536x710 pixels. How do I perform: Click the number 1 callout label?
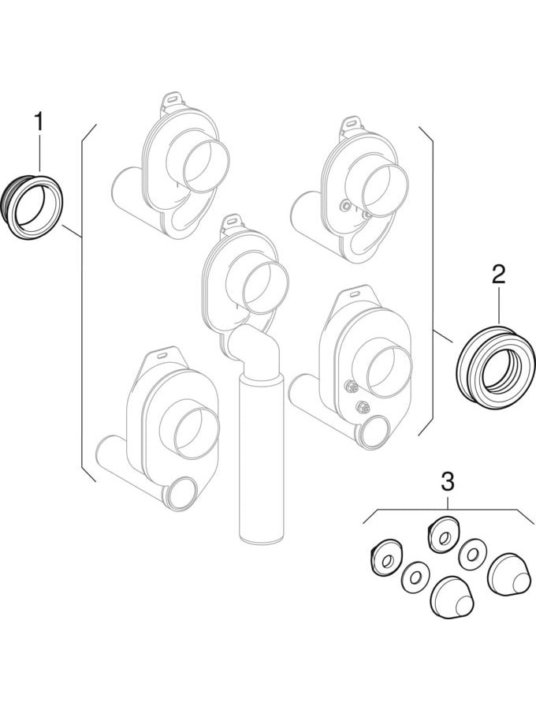39,123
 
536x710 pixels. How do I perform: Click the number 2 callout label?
498,275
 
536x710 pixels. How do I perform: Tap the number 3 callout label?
448,482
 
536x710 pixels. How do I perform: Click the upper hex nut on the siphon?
351,387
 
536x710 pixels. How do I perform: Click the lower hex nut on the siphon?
362,406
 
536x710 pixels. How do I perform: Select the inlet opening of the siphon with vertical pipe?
265,289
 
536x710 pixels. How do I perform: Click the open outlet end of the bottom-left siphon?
182,493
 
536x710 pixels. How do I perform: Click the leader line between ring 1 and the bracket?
72,231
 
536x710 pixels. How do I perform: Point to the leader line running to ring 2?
443,336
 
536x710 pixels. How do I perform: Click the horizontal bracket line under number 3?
448,510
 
